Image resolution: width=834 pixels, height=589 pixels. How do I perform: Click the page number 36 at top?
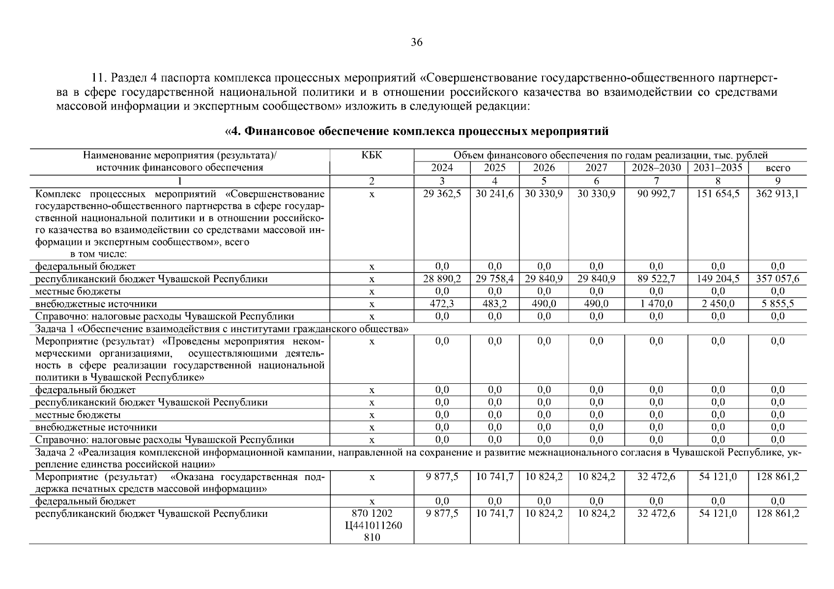tap(416, 42)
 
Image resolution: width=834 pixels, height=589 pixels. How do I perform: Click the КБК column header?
tap(372, 156)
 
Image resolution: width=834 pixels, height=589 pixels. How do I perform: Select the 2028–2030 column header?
tap(656, 168)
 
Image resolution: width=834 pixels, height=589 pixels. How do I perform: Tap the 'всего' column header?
tap(777, 168)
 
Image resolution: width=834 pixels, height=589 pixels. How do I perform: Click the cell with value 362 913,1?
tap(777, 194)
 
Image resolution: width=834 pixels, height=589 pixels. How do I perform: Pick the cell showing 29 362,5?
tap(442, 194)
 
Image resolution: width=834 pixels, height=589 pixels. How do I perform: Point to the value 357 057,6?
tap(777, 279)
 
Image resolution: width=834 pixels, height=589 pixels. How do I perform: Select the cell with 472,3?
tap(442, 304)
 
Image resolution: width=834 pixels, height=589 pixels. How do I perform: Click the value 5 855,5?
tap(777, 304)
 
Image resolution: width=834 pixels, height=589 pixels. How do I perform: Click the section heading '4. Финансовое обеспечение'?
tap(417, 132)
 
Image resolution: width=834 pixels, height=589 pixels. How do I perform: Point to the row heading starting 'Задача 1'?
tap(221, 328)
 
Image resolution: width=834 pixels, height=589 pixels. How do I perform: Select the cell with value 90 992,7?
tap(656, 194)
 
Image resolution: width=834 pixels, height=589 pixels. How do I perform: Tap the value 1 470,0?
tap(656, 304)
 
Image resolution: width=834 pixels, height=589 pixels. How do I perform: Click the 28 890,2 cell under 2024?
tap(442, 279)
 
